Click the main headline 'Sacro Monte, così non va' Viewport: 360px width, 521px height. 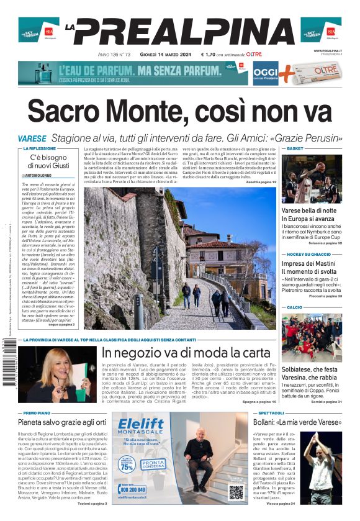(x=179, y=112)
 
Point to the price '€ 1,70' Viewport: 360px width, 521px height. (x=215, y=55)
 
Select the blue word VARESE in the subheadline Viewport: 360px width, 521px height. (x=32, y=138)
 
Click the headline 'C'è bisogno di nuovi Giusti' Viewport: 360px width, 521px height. (x=48, y=161)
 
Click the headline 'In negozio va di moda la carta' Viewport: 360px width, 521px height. (x=186, y=353)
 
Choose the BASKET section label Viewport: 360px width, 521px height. (x=295, y=149)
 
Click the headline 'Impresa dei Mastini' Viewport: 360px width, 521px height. (x=307, y=264)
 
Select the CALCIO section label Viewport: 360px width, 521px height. (x=295, y=307)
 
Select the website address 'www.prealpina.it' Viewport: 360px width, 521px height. (x=327, y=50)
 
